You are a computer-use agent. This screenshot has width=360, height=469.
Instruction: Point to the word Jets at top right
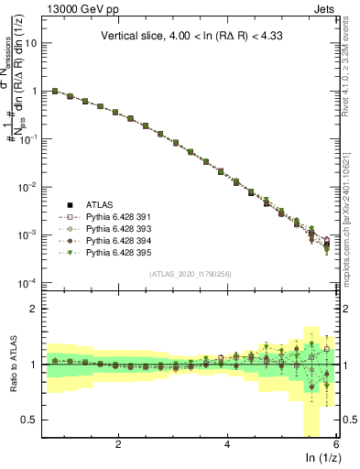click(325, 10)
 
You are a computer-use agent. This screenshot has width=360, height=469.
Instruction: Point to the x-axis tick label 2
click(118, 445)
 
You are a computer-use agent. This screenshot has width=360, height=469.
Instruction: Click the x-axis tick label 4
click(227, 445)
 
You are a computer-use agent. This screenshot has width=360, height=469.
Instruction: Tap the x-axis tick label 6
click(336, 445)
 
